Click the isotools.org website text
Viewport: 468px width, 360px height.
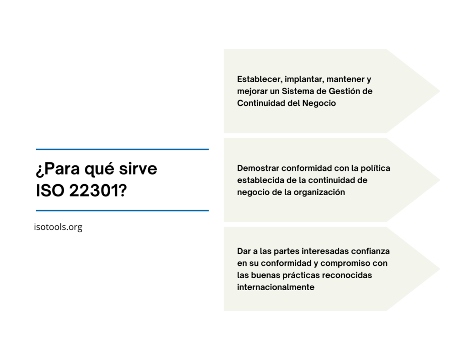pyautogui.click(x=58, y=227)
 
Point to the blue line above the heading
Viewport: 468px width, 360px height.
pyautogui.click(x=122, y=149)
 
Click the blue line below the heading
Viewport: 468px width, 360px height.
pyautogui.click(x=122, y=211)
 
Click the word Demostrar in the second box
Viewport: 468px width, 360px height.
pyautogui.click(x=258, y=168)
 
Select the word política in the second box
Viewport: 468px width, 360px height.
pyautogui.click(x=375, y=168)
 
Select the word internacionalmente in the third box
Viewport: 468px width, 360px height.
pyautogui.click(x=276, y=287)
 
